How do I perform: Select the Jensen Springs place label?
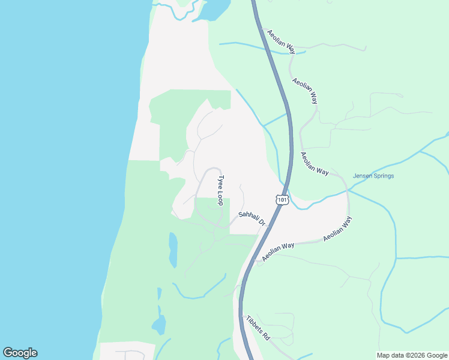point(373,176)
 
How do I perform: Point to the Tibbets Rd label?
point(258,329)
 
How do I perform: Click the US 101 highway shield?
point(282,199)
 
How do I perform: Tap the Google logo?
point(20,353)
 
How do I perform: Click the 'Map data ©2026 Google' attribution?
point(412,355)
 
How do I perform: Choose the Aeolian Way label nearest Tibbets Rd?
point(278,251)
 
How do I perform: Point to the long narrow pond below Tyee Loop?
point(173,250)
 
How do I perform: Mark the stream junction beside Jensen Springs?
point(348,190)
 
